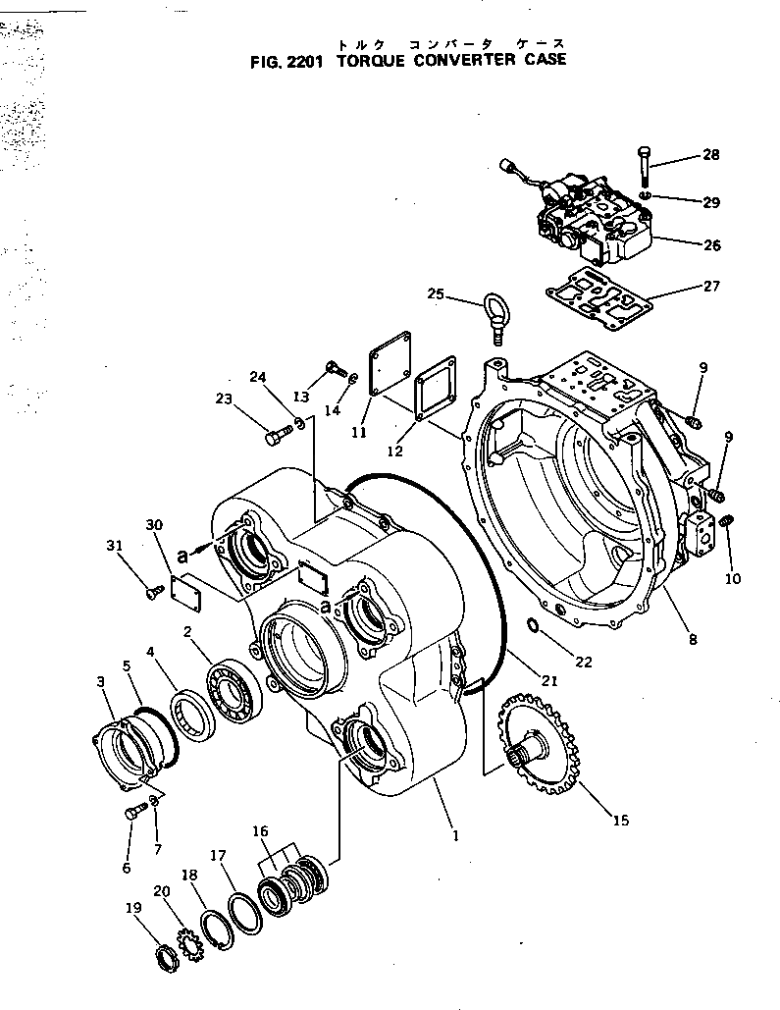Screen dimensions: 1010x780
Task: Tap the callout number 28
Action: (710, 155)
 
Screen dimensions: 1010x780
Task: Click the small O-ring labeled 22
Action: (531, 625)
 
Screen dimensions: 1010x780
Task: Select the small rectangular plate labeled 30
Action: (183, 593)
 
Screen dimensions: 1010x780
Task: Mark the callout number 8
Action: (693, 640)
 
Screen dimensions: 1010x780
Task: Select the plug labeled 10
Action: (727, 523)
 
